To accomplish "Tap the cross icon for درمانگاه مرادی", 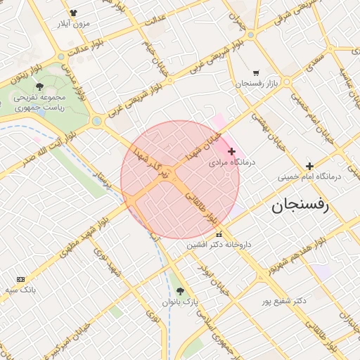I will [231, 151].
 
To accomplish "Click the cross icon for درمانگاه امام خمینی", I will [309, 166].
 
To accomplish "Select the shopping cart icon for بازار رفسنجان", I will [255, 73].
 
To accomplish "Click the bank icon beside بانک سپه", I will [20, 279].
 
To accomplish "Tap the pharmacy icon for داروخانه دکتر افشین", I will [219, 235].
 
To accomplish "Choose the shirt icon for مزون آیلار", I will [74, 13].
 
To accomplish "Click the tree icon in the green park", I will [39, 86].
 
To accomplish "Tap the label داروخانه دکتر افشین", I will [219, 245].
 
